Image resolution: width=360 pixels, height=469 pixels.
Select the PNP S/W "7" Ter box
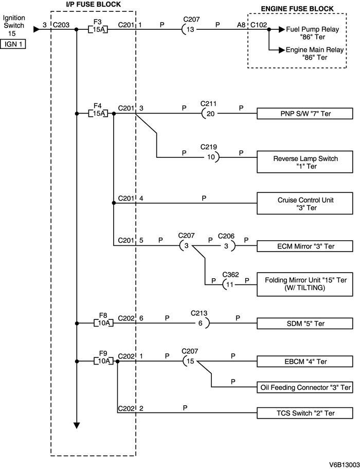[x=305, y=113]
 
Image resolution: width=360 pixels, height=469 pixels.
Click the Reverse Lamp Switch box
[x=305, y=163]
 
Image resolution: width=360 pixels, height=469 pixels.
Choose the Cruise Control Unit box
[x=305, y=203]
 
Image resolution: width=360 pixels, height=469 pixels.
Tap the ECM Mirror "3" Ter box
[x=305, y=246]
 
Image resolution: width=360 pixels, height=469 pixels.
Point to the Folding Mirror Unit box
[x=305, y=284]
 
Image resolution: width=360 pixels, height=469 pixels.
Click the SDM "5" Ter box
[x=305, y=323]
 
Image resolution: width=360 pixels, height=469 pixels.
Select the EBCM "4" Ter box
[x=305, y=362]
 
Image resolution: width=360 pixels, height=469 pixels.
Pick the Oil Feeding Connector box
[x=305, y=387]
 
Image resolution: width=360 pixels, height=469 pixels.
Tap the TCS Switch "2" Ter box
[x=305, y=413]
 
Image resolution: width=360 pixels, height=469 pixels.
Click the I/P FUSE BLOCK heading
[x=94, y=5]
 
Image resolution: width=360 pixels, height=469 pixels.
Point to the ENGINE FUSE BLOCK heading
[x=297, y=9]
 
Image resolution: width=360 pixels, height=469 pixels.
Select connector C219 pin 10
[x=210, y=157]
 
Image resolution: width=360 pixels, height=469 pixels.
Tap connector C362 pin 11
[x=229, y=284]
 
